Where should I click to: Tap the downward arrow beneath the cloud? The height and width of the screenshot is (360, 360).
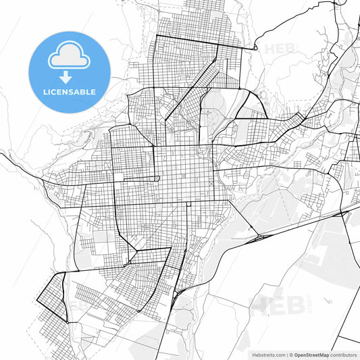69,77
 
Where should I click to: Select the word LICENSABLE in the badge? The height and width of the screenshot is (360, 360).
69,92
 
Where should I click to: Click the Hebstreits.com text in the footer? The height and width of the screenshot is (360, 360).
268,354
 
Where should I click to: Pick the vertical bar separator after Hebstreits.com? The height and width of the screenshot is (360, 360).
286,354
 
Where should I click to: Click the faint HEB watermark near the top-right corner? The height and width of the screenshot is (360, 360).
276,49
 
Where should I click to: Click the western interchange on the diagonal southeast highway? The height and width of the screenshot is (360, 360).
258,237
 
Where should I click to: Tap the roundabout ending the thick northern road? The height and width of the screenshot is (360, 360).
256,48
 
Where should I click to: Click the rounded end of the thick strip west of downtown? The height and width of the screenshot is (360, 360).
159,178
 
